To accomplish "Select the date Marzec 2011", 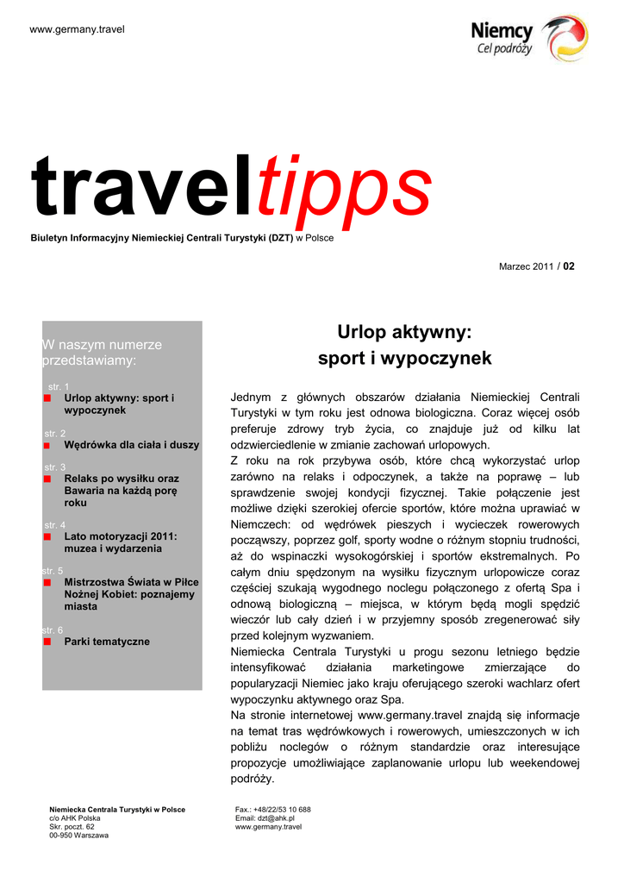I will point(526,266).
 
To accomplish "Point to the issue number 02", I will point(569,266).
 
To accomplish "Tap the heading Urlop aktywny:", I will point(404,332).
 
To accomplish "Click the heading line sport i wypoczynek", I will point(404,358).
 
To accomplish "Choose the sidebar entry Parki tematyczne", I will point(107,642).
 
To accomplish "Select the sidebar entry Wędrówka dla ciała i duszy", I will point(131,445).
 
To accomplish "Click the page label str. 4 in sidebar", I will point(55,525).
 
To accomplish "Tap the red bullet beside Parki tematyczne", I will point(47,642).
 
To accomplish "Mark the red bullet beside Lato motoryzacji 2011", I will point(47,537).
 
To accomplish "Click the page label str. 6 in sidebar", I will point(53,630).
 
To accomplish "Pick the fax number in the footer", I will point(272,810).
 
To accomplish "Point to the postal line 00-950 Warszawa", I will point(79,836).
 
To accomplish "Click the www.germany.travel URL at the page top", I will point(78,29).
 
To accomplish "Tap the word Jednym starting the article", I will point(252,397).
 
